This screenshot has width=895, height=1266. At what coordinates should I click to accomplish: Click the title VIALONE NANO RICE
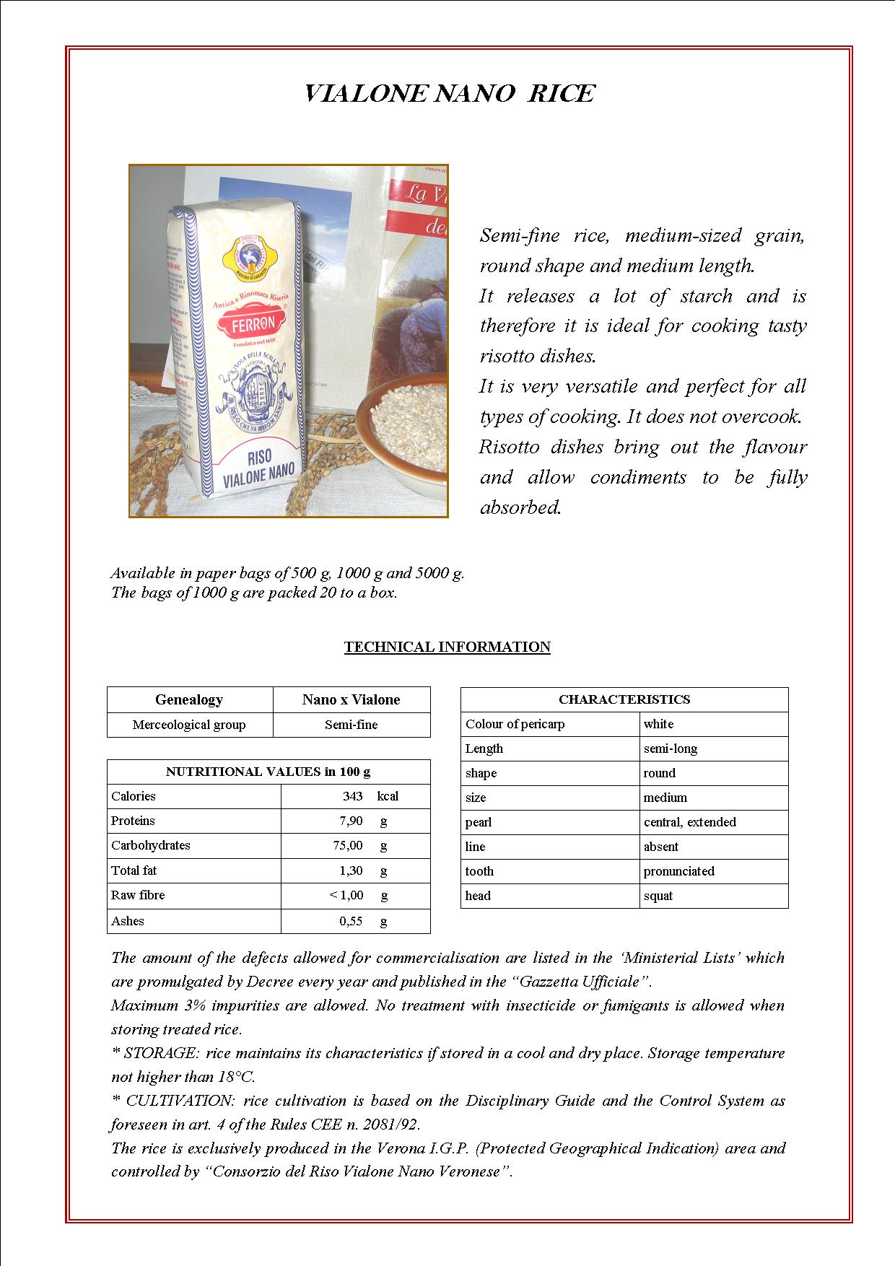(449, 94)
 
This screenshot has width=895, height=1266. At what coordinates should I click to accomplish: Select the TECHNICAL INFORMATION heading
(447, 647)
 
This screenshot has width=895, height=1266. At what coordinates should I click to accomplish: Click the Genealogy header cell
(189, 699)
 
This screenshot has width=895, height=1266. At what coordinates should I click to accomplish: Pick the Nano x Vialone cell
(351, 699)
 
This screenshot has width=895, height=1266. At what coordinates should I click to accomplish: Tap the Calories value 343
(352, 796)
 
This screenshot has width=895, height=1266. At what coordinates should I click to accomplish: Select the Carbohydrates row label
(151, 845)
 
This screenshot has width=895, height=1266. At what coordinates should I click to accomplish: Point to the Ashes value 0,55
(351, 921)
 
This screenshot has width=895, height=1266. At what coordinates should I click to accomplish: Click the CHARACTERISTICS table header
(624, 699)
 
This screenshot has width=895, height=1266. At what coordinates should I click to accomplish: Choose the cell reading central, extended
(690, 822)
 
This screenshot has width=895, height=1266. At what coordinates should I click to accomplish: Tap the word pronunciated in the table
(679, 871)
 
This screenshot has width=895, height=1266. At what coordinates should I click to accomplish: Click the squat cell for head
(658, 896)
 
